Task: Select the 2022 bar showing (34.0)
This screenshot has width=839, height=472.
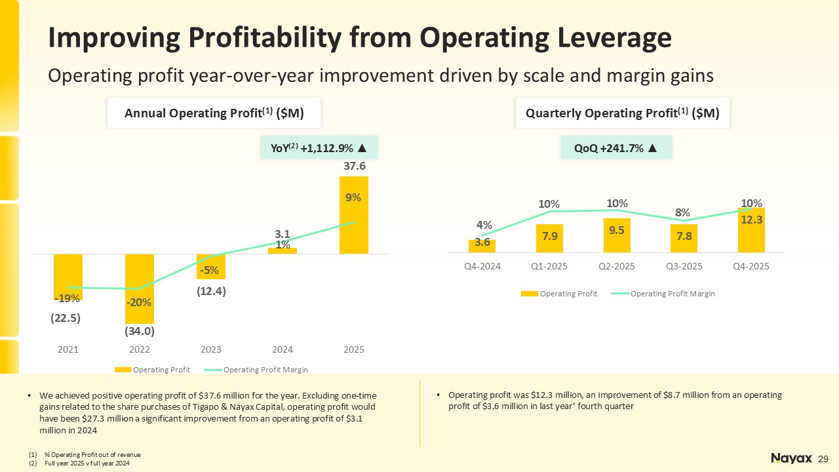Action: click(x=140, y=288)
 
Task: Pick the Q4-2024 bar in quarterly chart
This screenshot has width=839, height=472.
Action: click(x=482, y=246)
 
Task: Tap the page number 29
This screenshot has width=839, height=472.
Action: click(x=824, y=458)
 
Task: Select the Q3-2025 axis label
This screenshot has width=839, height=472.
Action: click(x=684, y=267)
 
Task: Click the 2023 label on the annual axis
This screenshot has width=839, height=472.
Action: click(x=211, y=350)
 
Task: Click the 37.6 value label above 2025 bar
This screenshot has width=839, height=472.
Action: click(x=354, y=167)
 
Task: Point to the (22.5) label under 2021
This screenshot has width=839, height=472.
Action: click(x=67, y=319)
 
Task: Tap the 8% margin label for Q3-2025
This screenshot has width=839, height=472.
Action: click(x=683, y=212)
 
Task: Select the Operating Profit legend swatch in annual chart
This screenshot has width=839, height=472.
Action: click(x=123, y=370)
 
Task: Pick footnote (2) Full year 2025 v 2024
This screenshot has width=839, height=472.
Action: click(x=88, y=463)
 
